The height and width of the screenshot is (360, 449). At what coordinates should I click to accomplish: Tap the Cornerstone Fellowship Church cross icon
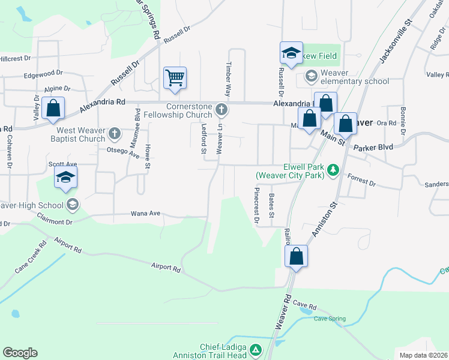point(221,110)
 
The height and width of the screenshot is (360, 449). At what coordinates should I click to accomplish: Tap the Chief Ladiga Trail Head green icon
point(256,349)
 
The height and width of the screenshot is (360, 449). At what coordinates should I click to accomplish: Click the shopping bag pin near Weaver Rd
point(296,257)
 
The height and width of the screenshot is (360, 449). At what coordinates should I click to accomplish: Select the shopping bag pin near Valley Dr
point(53,109)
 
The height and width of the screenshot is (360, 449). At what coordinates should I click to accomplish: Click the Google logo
point(20,352)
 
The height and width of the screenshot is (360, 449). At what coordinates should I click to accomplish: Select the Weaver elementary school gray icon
point(311,76)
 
